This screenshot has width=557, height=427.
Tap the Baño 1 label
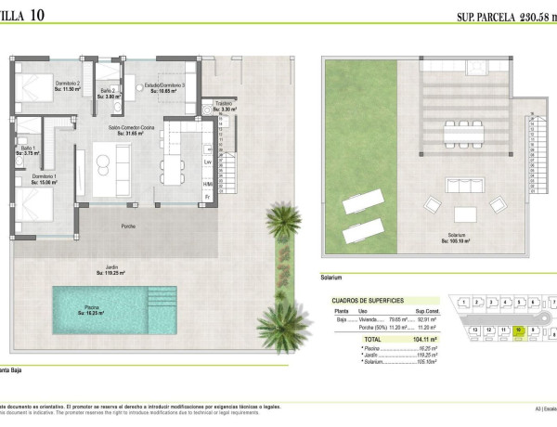click(27, 149)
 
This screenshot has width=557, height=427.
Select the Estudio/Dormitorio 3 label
click(164, 84)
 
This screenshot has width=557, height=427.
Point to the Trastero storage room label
click(223, 104)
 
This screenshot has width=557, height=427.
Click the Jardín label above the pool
click(111, 269)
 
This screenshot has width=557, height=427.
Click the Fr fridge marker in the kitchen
click(208, 197)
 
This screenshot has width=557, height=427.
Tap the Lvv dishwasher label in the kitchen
click(208, 162)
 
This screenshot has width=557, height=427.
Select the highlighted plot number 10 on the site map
click(518, 330)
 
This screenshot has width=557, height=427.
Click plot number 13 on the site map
click(474, 330)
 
